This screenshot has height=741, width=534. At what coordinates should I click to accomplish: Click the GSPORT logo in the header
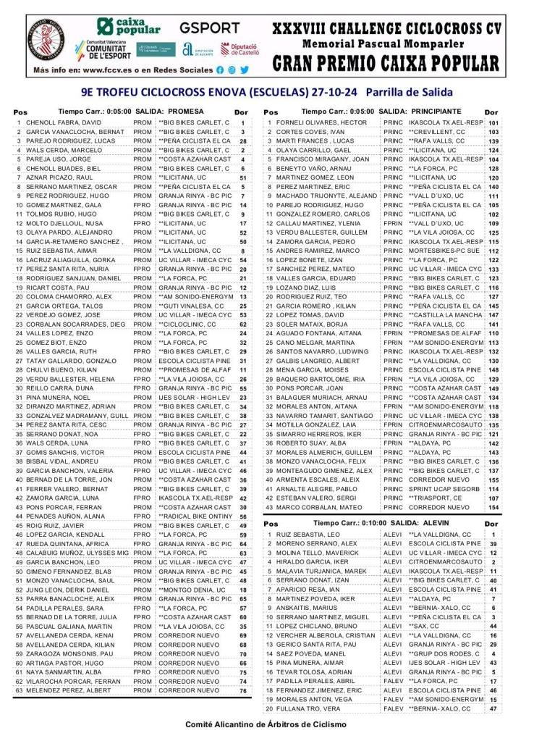[x=210, y=28]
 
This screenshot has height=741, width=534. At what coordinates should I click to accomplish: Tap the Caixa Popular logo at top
[x=129, y=27]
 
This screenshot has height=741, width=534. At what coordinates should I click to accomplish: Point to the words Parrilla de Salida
[x=410, y=92]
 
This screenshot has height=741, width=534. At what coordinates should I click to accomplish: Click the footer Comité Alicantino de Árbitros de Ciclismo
[x=266, y=724]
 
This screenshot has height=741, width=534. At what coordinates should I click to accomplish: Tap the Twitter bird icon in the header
[x=245, y=70]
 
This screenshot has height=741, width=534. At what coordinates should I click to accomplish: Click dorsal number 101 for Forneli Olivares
[x=493, y=123]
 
